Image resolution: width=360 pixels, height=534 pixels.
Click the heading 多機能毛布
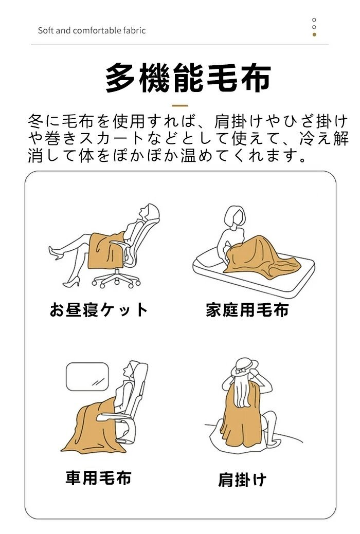coord(188,78)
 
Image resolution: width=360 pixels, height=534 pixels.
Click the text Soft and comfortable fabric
coord(92,31)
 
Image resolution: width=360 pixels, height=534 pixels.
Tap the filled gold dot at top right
coord(314,34)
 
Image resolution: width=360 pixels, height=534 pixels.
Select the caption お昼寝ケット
coord(99,310)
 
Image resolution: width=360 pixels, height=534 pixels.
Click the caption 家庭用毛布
coord(247,310)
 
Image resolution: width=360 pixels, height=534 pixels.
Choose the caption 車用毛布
coord(98,477)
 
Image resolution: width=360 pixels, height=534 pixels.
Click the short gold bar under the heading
coord(180,105)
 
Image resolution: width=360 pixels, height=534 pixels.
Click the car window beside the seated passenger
coord(87,377)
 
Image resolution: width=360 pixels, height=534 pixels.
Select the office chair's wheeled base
coord(116,279)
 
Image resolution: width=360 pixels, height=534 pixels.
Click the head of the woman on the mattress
coord(235,217)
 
